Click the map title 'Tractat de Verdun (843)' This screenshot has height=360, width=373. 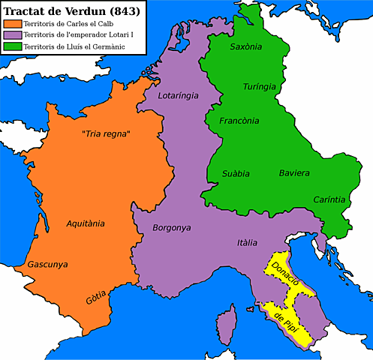coord(71,10)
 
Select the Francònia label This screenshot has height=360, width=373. coord(240,120)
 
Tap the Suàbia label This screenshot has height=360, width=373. coord(236,173)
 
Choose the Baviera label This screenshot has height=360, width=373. coord(294,173)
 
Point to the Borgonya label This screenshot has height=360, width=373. coord(172,227)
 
